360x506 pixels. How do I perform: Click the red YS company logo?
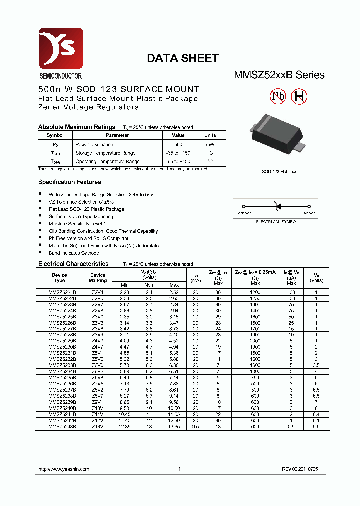(61, 49)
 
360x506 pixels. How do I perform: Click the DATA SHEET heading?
(182, 58)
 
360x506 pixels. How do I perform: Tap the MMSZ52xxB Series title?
(279, 75)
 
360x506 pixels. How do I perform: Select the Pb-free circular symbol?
(277, 97)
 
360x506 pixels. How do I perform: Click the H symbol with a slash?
(299, 97)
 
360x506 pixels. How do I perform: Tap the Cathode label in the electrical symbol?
(243, 213)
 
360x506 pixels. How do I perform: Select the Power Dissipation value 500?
(178, 144)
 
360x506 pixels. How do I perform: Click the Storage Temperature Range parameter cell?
(105, 153)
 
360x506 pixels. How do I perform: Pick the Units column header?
(210, 135)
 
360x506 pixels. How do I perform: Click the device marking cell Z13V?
(98, 427)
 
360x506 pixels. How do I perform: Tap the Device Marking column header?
(98, 278)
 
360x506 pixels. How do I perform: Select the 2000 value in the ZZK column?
(255, 340)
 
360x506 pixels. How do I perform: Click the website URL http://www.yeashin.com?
(63, 469)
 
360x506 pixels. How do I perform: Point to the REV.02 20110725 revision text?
(300, 469)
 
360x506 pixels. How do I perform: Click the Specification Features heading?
(71, 182)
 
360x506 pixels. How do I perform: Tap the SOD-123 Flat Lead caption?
(280, 172)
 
